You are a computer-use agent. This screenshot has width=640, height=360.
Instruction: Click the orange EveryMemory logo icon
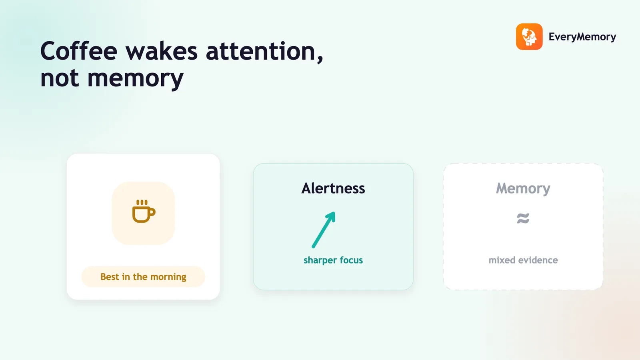[x=529, y=36]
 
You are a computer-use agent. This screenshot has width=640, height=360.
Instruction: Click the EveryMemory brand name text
[x=582, y=37]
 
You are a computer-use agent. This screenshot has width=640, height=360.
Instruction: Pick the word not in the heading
[x=60, y=78]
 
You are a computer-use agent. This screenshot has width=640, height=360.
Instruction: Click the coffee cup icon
[x=144, y=211]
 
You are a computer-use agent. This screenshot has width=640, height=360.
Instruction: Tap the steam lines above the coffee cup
[x=142, y=202]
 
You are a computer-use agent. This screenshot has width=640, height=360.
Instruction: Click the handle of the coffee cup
[x=152, y=212]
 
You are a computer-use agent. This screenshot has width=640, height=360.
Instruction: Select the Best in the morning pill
[x=143, y=276]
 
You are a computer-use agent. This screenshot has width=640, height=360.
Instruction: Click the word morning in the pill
[x=168, y=277]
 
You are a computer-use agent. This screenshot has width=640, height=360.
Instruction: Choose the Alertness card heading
[x=333, y=188]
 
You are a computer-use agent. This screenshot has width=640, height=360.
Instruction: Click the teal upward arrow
[x=324, y=230]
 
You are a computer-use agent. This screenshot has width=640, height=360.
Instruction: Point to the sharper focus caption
[x=333, y=260]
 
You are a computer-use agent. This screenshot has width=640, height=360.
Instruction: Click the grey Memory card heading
[x=523, y=188]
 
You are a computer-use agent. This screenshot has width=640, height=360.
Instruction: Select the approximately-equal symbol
[x=523, y=218]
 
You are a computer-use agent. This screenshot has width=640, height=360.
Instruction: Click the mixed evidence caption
[x=523, y=260]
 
